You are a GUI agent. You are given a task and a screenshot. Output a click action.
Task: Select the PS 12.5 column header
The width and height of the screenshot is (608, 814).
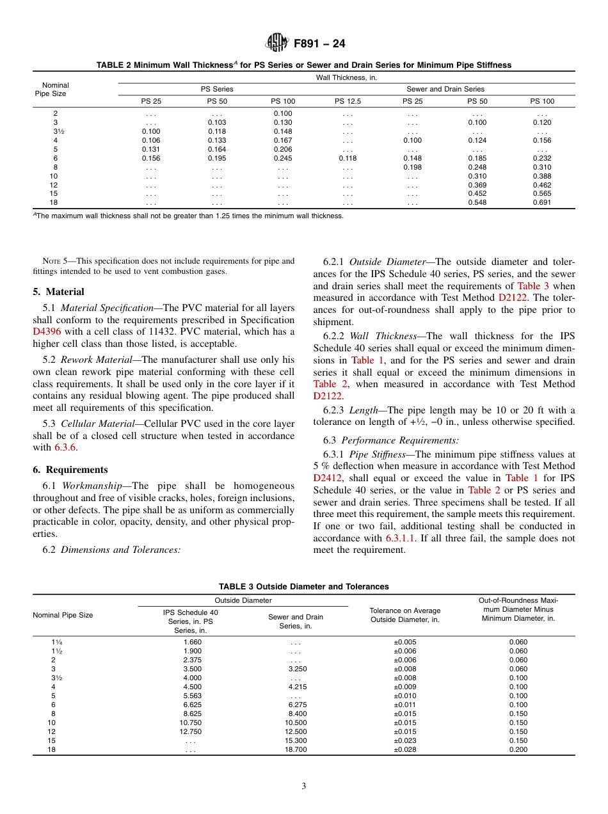(x=348, y=101)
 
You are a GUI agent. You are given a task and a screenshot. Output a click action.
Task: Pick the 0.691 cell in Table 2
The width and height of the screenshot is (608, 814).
(x=542, y=203)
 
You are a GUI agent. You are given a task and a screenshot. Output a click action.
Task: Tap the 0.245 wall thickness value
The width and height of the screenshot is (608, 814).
(x=283, y=158)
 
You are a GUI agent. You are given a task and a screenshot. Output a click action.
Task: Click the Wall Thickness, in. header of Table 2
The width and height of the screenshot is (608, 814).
(x=346, y=77)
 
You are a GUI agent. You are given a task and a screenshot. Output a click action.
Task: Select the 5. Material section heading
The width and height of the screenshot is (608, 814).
(x=58, y=292)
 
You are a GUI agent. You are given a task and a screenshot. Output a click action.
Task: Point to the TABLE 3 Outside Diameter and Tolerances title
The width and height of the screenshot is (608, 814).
(x=303, y=586)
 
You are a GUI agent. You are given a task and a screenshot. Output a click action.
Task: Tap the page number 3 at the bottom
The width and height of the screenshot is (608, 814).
(x=304, y=786)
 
